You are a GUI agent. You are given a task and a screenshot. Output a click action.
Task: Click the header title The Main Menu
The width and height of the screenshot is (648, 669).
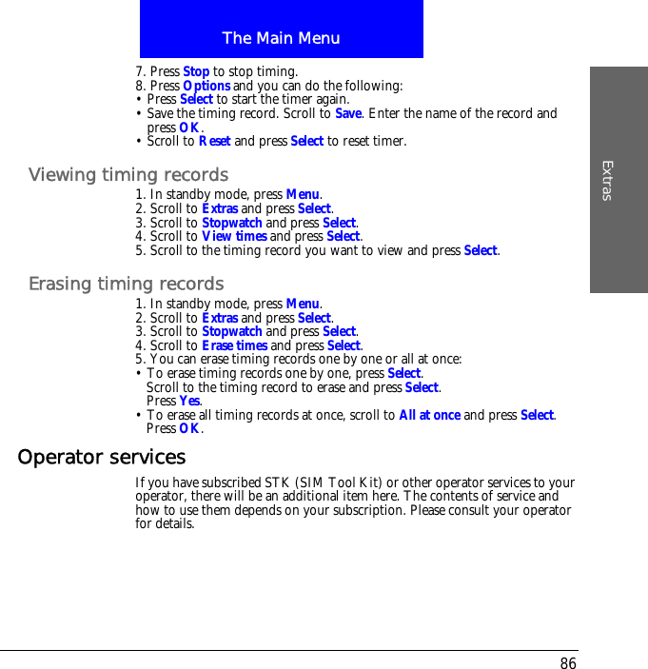coord(281,38)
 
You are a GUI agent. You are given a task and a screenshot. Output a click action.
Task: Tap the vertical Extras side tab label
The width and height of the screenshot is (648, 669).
coord(607,181)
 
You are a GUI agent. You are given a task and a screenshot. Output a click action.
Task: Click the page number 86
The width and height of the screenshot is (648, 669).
coord(568,663)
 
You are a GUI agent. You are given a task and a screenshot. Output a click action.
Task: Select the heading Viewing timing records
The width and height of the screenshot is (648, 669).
coord(128,175)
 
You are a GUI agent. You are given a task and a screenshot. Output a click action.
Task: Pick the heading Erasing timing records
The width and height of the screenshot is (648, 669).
coord(127,284)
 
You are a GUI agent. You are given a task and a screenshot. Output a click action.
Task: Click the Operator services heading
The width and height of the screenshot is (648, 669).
coord(102,457)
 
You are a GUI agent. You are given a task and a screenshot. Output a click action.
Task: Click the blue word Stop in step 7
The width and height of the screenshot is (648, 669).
coord(196,71)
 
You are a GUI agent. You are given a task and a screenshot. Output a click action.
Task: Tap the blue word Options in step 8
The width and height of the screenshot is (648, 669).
coord(206,86)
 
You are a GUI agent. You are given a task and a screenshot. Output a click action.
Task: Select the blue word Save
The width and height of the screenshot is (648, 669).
coord(348,113)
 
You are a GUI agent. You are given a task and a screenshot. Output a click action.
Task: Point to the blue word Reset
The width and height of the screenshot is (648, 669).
coord(214,141)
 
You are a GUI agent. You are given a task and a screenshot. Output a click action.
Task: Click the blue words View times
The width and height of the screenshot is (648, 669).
coord(234,236)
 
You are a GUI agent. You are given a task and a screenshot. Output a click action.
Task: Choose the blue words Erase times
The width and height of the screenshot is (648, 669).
coord(234,345)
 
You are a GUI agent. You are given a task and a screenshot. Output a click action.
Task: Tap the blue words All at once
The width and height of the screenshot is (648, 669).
coord(430,415)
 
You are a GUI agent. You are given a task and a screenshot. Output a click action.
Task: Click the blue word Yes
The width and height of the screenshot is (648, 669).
coord(189,401)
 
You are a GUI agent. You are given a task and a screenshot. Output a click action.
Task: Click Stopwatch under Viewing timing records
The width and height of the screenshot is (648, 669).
coord(232,223)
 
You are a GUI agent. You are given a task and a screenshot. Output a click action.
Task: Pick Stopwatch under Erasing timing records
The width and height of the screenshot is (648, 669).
coord(232,331)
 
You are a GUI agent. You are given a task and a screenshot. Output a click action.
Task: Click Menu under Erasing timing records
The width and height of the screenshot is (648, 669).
coord(303,305)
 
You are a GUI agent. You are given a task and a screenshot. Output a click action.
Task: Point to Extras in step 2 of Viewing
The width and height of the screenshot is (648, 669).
coord(220,208)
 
